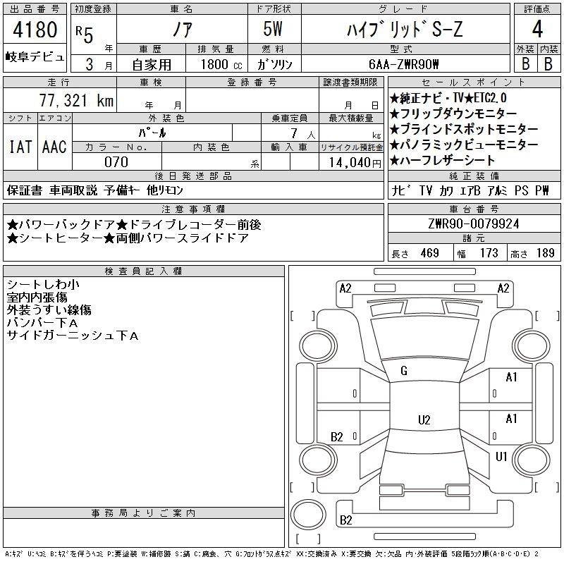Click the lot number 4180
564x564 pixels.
point(35,31)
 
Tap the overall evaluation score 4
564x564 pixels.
point(537,31)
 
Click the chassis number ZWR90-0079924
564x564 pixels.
point(474,224)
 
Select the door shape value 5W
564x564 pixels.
point(274,31)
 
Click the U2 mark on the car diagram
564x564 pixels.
point(424,420)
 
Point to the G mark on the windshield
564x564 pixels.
point(404,371)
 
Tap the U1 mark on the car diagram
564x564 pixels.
point(501,457)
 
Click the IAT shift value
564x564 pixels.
point(20,147)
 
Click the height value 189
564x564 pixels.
point(546,253)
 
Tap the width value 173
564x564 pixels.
point(488,253)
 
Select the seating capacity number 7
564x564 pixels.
point(293,133)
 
